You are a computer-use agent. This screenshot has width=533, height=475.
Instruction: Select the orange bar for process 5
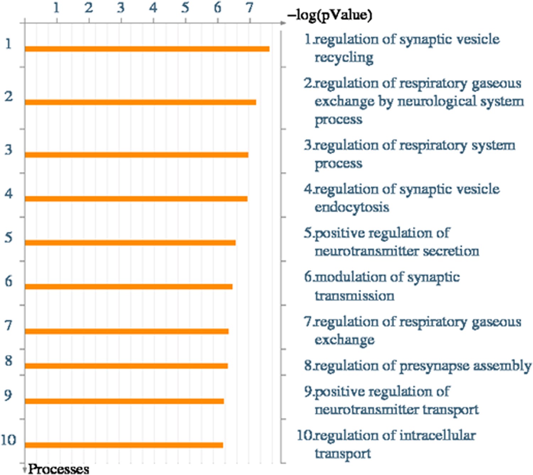click(x=130, y=243)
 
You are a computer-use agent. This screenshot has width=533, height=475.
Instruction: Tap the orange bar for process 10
click(x=124, y=445)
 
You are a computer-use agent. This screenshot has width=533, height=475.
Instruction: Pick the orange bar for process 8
click(x=126, y=366)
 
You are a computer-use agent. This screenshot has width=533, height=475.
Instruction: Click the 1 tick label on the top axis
click(x=56, y=8)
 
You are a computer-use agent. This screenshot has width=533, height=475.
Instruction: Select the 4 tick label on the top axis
click(x=153, y=8)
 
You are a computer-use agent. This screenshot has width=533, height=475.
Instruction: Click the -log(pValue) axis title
click(x=330, y=15)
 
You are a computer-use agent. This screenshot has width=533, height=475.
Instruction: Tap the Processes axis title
click(x=59, y=469)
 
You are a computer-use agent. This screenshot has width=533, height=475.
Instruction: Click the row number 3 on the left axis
click(x=9, y=150)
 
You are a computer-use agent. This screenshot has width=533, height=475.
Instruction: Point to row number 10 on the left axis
click(x=9, y=440)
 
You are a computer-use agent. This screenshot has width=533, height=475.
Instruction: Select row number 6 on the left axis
click(x=9, y=281)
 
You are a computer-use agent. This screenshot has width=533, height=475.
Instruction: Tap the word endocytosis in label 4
click(x=352, y=207)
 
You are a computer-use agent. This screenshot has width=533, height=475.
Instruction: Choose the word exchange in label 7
click(x=344, y=340)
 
